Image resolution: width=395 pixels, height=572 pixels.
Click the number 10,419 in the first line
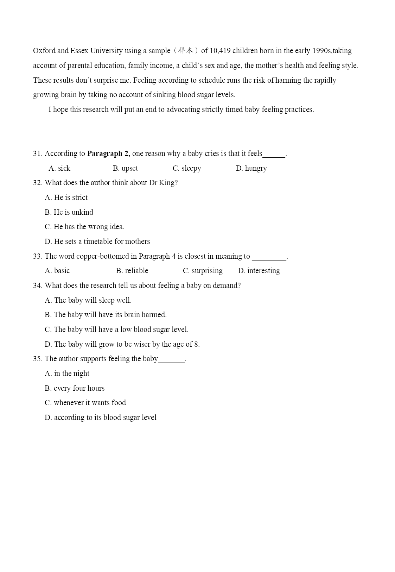tap(220, 51)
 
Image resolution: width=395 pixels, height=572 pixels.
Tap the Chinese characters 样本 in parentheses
tap(186, 51)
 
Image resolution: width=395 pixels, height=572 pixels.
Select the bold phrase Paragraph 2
tap(108, 153)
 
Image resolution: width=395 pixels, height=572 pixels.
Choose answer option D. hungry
tap(251, 168)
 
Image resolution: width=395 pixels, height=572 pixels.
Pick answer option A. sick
tap(59, 168)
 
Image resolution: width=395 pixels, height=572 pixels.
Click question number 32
tap(38, 183)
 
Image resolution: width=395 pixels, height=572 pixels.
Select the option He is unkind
tap(69, 212)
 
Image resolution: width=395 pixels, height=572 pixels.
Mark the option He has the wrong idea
tap(84, 227)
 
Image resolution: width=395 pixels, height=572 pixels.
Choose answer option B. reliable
tap(132, 271)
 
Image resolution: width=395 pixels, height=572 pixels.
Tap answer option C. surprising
tap(203, 271)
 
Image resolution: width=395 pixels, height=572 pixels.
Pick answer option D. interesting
tap(259, 271)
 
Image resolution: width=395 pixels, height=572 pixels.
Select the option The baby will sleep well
tap(88, 300)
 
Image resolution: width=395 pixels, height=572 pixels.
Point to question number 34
tap(38, 285)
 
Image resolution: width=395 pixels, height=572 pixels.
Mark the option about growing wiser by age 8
tap(122, 344)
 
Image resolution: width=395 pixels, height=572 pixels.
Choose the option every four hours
tap(75, 388)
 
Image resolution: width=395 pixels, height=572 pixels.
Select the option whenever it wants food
tap(85, 403)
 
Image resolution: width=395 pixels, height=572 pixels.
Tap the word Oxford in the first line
tap(44, 51)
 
